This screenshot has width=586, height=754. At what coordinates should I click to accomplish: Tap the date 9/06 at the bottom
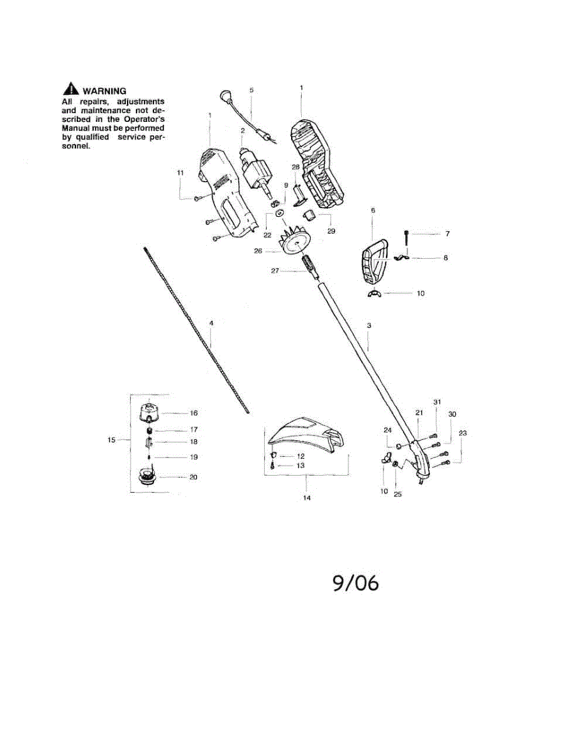(x=356, y=583)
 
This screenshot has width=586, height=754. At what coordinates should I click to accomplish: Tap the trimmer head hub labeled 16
(x=150, y=413)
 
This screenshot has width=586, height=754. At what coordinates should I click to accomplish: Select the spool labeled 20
(x=149, y=479)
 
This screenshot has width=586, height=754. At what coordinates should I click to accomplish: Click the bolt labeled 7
(x=407, y=238)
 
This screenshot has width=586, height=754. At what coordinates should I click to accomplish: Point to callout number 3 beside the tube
(x=370, y=325)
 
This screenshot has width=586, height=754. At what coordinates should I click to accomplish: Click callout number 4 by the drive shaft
(x=211, y=322)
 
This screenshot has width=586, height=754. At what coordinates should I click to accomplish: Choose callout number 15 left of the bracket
(x=111, y=440)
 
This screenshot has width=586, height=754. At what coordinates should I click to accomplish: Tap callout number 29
(x=331, y=231)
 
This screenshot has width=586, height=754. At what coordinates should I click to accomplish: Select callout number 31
(x=438, y=402)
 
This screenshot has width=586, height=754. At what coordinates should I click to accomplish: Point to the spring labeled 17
(x=149, y=430)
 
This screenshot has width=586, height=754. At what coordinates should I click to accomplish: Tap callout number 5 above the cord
(x=252, y=90)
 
